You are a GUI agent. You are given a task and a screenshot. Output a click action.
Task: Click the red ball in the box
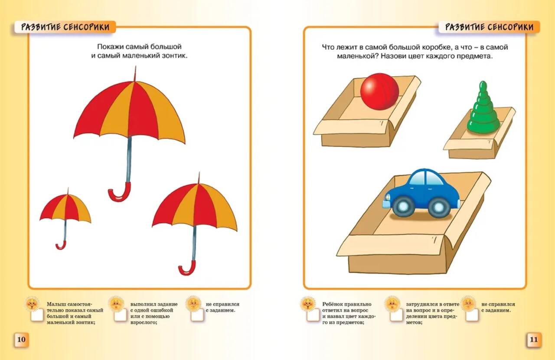pos(379,91)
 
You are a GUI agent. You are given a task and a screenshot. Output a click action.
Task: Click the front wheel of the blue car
pos(403,206)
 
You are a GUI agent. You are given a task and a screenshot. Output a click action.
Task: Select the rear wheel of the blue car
pos(439,207)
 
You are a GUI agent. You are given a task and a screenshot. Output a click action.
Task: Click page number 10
pos(21,340)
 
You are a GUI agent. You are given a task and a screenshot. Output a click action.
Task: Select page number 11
pos(533,340)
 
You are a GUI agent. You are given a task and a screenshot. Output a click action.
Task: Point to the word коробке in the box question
pos(437,47)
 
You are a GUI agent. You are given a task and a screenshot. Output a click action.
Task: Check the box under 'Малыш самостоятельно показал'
pos(37,315)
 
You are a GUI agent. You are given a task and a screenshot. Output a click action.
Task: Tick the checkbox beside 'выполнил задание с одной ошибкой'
pos(121,315)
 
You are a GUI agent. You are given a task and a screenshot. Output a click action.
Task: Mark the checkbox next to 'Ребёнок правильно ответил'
pos(313,315)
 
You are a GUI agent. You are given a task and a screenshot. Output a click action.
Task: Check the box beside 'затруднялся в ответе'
pos(396,315)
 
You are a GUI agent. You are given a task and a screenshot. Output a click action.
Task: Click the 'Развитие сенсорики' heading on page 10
pos(65,27)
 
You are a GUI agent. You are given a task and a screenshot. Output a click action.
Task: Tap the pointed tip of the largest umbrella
pos(135,66)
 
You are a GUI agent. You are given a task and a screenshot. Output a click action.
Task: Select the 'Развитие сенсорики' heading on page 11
pos(489,27)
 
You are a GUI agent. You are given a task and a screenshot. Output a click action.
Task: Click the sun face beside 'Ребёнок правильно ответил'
pos(308,303)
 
